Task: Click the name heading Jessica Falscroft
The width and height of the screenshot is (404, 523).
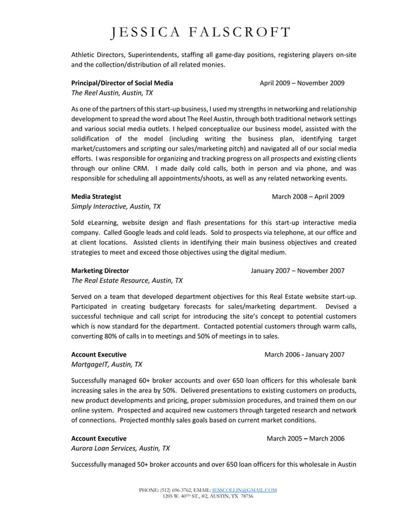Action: (x=201, y=32)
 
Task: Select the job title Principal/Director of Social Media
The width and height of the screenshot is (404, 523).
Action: (x=122, y=83)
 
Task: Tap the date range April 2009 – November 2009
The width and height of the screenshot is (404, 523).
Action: (x=302, y=83)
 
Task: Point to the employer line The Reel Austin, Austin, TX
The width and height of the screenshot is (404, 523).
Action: (x=111, y=93)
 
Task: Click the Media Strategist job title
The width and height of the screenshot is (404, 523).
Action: (x=96, y=196)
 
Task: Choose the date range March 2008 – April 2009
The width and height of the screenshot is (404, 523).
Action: (x=308, y=196)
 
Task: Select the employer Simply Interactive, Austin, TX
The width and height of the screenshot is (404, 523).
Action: (x=116, y=206)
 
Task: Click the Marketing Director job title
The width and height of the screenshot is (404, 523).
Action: (x=100, y=270)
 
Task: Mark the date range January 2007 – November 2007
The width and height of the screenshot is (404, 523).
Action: (x=298, y=270)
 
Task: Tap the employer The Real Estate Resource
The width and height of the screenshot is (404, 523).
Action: (x=127, y=280)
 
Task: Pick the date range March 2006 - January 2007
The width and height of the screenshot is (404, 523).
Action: (x=305, y=355)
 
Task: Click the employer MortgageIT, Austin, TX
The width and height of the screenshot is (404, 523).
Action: (x=106, y=365)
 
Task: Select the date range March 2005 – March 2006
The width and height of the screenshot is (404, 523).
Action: (x=306, y=438)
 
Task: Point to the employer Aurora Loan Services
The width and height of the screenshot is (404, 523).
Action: (x=120, y=448)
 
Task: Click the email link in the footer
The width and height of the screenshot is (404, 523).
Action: (x=244, y=490)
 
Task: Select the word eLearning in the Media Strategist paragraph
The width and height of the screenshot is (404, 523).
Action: (x=104, y=223)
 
